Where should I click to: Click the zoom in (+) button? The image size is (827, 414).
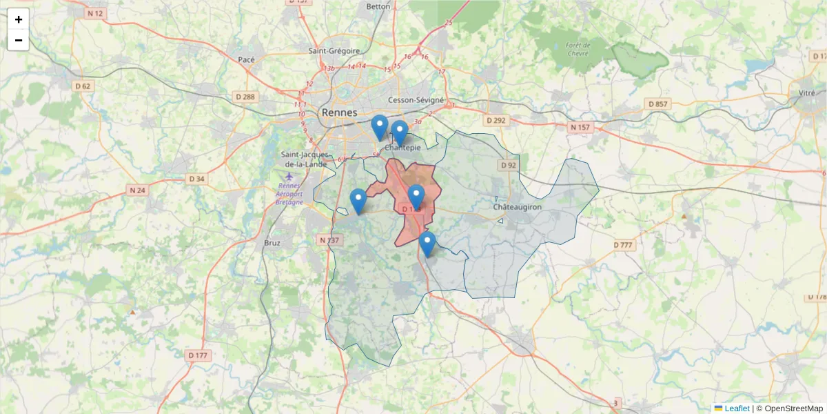[x=19, y=19]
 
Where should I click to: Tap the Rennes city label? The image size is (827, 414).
[x=339, y=112]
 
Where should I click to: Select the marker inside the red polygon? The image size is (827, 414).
[x=416, y=196]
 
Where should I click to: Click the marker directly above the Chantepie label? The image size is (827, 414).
[x=400, y=132]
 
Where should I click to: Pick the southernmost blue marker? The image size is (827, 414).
[x=427, y=243]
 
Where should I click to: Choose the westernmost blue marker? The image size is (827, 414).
[x=358, y=200]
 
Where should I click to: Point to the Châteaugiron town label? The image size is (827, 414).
[x=518, y=207]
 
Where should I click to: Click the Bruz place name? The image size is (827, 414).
[x=272, y=243]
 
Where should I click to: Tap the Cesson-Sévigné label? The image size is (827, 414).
[x=416, y=100]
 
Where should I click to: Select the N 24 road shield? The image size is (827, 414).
[x=137, y=190]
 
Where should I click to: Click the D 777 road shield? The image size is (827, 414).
[x=622, y=245]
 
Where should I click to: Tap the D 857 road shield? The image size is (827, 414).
[x=658, y=103]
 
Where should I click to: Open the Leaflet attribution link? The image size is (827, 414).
[x=736, y=408]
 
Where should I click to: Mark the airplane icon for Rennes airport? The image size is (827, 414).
[x=288, y=176]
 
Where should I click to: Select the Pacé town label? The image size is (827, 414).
[x=246, y=60]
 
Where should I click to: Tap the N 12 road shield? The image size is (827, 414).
[x=95, y=13]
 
